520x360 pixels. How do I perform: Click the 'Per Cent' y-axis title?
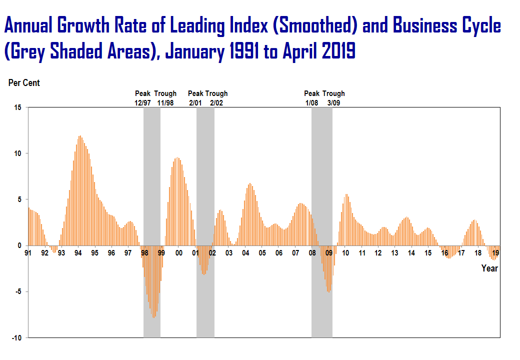(x=24, y=83)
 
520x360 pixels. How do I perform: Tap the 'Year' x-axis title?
(x=489, y=268)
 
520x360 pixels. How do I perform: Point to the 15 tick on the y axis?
(x=18, y=107)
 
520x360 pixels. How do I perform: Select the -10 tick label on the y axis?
(x=16, y=338)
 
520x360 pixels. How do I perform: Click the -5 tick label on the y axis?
(x=18, y=292)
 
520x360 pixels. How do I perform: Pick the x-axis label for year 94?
(x=78, y=253)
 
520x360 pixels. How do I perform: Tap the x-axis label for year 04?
(x=245, y=253)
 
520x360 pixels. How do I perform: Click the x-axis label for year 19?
(x=495, y=253)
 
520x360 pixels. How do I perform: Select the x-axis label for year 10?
(x=345, y=253)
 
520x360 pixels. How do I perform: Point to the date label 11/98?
(x=166, y=103)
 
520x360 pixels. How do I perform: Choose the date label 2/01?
(x=195, y=103)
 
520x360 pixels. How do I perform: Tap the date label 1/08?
(x=312, y=103)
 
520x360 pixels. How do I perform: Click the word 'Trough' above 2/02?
(x=216, y=93)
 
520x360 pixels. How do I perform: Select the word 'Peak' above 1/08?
(x=312, y=93)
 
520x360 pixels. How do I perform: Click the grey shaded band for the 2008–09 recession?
(x=322, y=220)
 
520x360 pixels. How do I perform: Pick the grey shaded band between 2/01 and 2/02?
(x=205, y=220)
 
